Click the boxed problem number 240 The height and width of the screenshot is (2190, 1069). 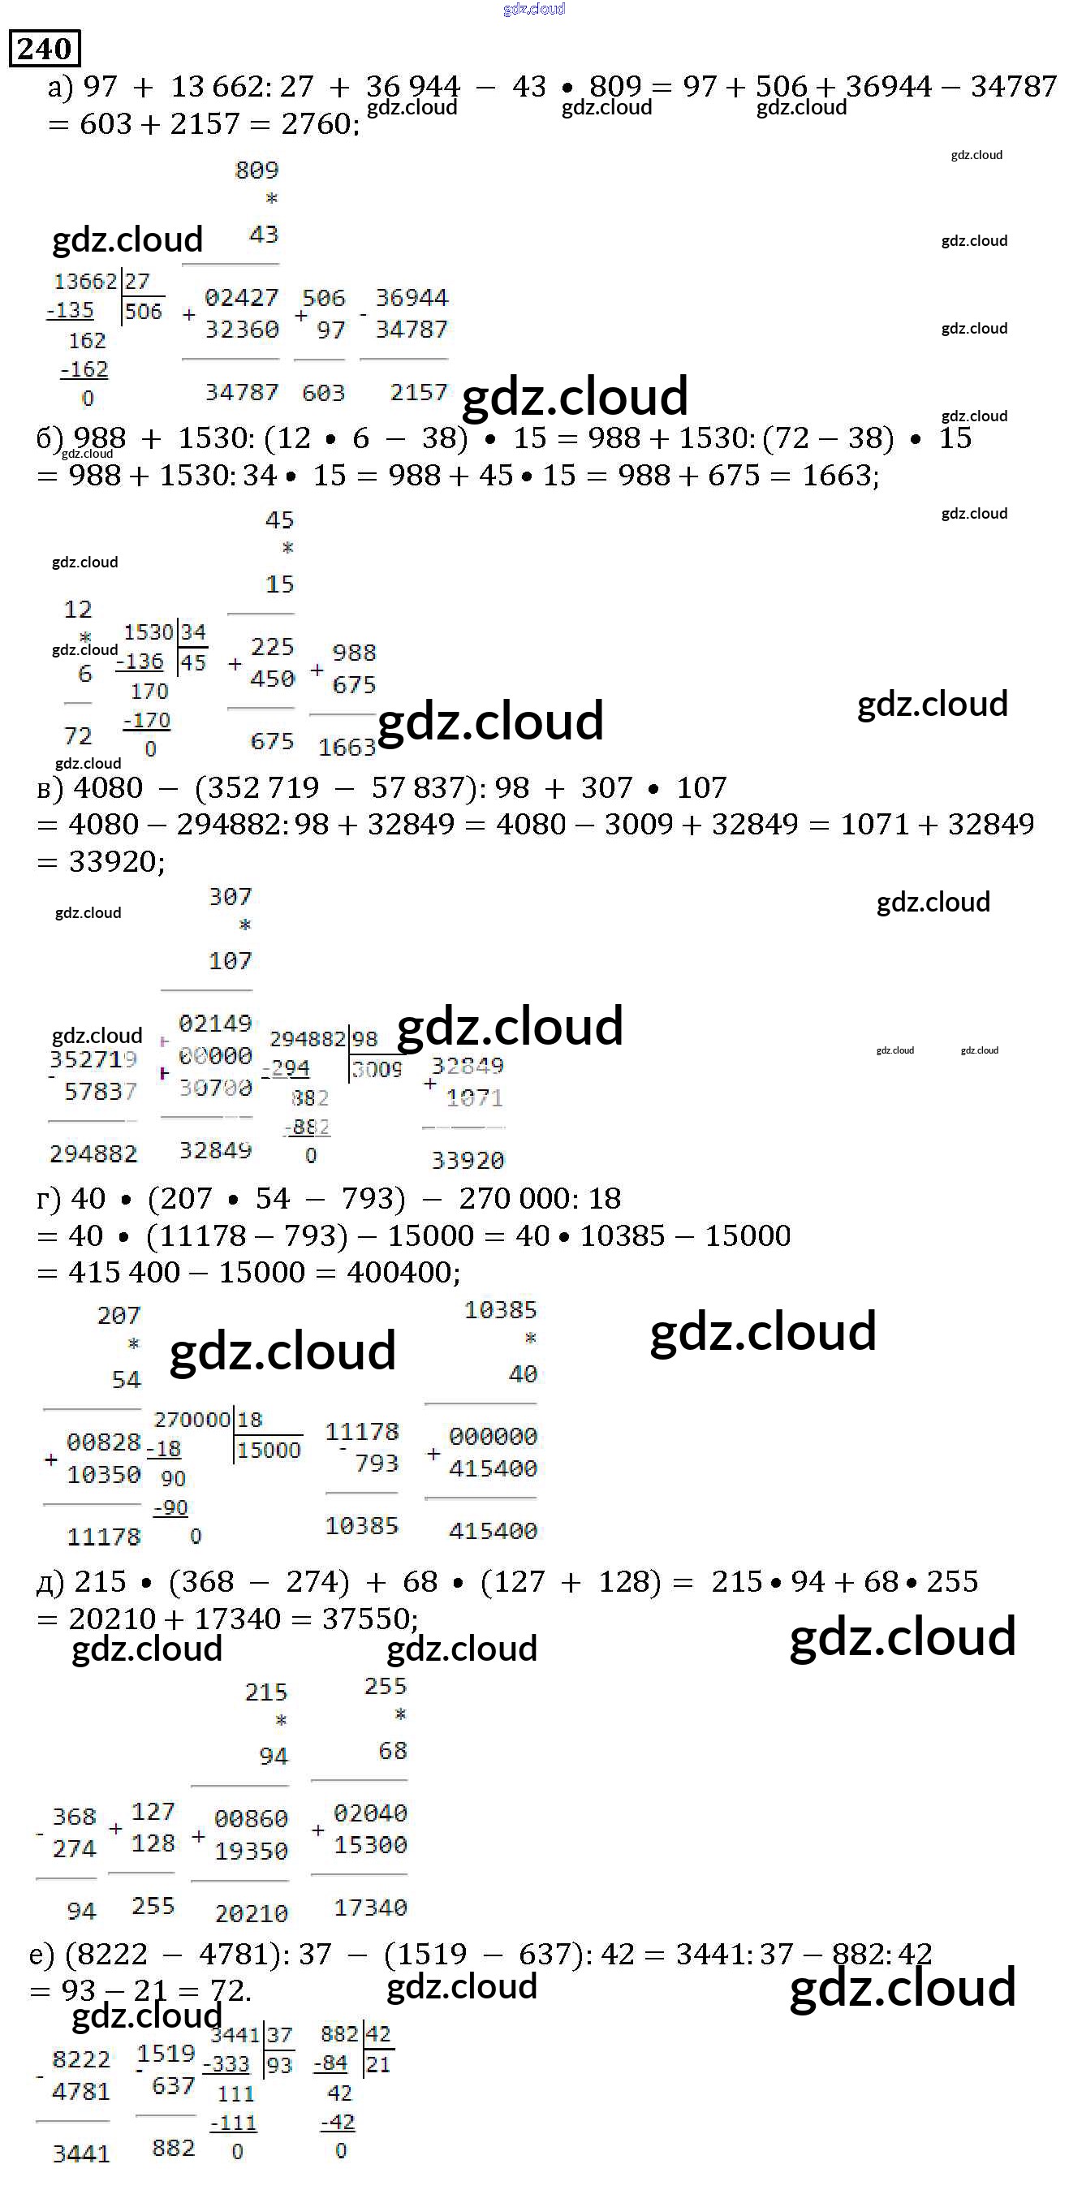(44, 49)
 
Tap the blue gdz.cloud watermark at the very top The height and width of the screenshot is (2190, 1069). (534, 10)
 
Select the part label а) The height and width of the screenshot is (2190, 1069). (60, 87)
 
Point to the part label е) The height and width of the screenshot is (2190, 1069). (41, 1954)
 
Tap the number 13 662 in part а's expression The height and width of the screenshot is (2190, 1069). (213, 87)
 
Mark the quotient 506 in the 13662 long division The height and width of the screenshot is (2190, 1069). (143, 312)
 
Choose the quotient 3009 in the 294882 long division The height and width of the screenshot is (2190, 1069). (377, 1069)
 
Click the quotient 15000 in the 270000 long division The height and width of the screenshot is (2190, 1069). (269, 1450)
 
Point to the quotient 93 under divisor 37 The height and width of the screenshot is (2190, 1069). (279, 2064)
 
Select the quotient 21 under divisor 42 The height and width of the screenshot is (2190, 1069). (377, 2064)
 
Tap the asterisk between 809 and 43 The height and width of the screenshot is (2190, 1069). (271, 200)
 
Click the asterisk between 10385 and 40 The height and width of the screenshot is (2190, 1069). (530, 1339)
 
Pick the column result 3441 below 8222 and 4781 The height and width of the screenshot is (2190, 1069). (81, 2153)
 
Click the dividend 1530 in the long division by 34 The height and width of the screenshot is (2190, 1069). (148, 632)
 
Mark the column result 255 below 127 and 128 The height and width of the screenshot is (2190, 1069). (153, 1905)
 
